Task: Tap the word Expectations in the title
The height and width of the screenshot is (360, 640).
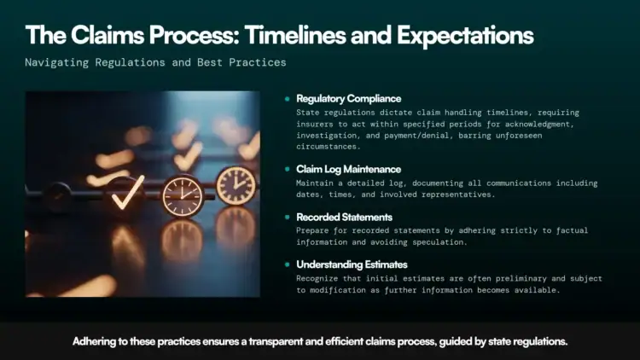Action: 460,36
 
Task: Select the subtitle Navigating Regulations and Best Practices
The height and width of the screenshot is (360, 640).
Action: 155,63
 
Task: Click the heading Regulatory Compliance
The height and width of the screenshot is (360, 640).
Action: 348,99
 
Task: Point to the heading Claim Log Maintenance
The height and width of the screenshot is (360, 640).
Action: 348,170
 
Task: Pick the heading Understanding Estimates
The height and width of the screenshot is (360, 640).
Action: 352,264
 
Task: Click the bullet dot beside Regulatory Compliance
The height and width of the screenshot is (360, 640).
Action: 288,99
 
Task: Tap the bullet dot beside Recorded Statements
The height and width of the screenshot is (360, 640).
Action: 288,217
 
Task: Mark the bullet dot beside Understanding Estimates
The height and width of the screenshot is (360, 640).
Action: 288,264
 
